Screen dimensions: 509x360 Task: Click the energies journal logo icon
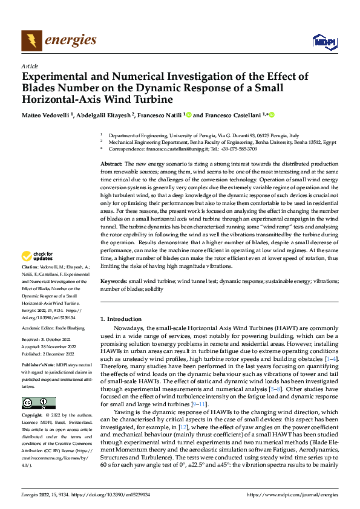pos(31,41)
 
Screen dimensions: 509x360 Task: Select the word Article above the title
pos(30,66)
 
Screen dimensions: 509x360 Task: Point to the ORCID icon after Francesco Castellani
pos(272,115)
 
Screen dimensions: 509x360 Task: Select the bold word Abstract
pos(111,164)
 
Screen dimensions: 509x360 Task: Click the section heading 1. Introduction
pos(120,319)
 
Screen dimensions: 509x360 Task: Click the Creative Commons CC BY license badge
pos(38,403)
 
